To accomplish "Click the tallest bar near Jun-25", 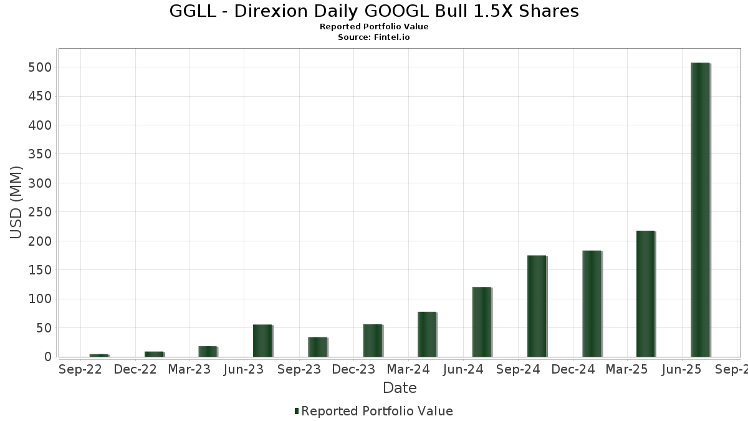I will click(700, 210).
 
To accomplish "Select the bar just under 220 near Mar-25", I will click(645, 294).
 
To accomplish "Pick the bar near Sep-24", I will click(536, 306).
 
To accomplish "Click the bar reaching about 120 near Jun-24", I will click(481, 322).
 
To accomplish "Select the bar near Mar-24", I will click(426, 334).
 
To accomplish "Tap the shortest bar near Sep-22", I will click(98, 356).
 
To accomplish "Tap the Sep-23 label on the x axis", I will click(299, 370).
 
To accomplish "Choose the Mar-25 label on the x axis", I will click(628, 370).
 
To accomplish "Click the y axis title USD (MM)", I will click(16, 203).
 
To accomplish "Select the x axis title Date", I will click(400, 388).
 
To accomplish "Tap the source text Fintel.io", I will click(391, 37).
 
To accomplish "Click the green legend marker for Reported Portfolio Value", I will click(297, 411).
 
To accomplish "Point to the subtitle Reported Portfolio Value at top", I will click(374, 27).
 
